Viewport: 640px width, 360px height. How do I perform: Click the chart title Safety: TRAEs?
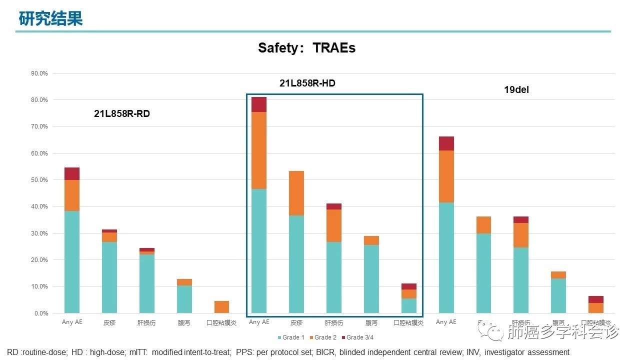tap(306, 48)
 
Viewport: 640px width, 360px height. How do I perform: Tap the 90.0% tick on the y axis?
tap(39, 73)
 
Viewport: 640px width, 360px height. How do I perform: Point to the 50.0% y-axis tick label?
tap(39, 180)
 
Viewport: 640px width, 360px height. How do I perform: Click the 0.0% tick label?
tap(40, 313)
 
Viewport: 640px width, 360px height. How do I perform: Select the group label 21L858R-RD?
tap(122, 114)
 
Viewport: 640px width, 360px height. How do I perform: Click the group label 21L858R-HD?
tap(307, 83)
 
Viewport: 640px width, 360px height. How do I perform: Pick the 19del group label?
tap(516, 90)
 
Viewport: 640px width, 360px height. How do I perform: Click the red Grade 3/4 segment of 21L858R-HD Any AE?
tap(259, 104)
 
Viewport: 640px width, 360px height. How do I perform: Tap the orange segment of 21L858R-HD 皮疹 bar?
tap(296, 193)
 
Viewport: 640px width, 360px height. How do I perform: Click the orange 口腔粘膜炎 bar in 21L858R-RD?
tap(221, 307)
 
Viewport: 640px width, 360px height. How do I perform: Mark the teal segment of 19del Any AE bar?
tap(446, 257)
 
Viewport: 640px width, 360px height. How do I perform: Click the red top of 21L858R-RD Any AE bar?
tap(72, 173)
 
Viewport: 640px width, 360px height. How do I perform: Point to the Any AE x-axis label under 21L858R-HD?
tap(259, 322)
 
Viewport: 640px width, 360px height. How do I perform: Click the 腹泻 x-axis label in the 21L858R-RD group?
tap(184, 323)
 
